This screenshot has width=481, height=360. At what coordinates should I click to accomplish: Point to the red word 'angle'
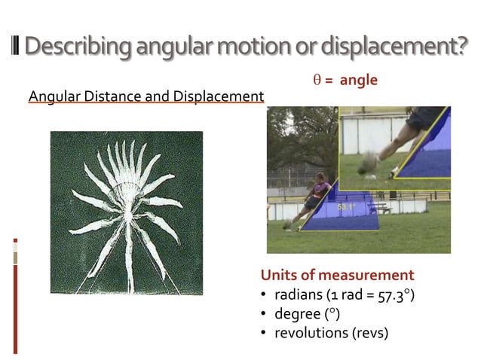click(x=358, y=80)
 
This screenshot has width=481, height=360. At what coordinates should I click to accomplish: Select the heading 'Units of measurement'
click(x=336, y=275)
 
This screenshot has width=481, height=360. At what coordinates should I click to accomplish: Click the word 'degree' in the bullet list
click(x=296, y=313)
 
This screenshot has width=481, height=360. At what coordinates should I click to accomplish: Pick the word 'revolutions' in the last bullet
click(x=310, y=332)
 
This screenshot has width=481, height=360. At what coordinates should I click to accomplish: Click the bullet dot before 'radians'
click(x=264, y=294)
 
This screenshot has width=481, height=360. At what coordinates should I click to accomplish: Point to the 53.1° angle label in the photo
click(x=346, y=206)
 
